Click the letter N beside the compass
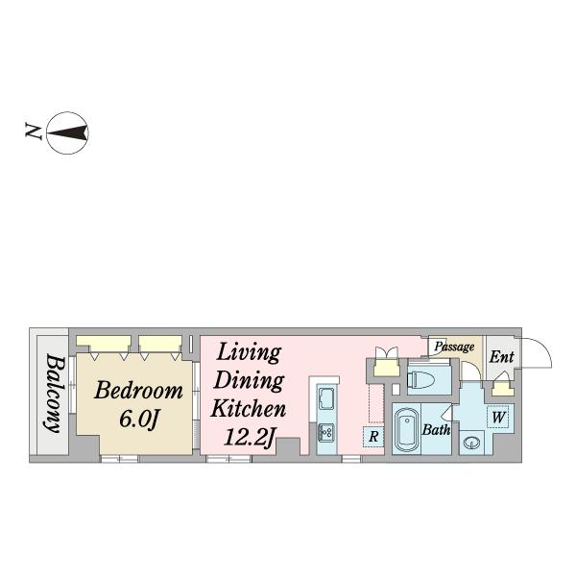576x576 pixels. click(33, 132)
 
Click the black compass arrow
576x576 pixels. click(67, 133)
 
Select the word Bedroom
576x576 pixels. click(138, 390)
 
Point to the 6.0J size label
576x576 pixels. click(139, 419)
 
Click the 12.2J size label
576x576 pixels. click(250, 437)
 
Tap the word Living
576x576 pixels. click(249, 353)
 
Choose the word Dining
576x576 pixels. click(249, 381)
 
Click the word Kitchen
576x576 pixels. click(249, 409)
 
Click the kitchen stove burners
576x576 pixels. click(326, 432)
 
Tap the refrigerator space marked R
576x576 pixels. click(373, 437)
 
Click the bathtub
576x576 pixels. click(407, 430)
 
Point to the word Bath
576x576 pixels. click(436, 429)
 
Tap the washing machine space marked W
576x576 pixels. click(498, 417)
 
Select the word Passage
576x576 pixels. click(454, 347)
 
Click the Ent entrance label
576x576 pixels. click(501, 357)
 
